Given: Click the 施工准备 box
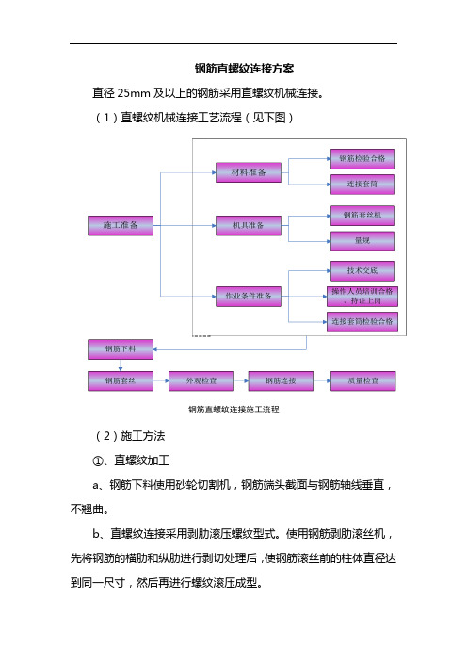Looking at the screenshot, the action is coord(121,226).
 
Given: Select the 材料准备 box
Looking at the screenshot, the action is coord(249,172).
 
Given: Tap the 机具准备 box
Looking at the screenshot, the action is coord(249,226).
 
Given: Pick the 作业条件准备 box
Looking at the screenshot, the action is coord(249,297).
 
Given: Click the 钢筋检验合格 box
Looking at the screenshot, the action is coord(362,159).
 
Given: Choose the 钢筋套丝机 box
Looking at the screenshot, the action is coord(362,216).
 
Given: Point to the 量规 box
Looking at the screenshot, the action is coord(362,241).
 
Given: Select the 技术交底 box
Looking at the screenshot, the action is coord(362,271).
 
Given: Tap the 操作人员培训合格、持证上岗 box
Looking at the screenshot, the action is coord(362,297).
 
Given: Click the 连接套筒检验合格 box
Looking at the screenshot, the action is coord(362,322).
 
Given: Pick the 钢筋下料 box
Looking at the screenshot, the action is coord(121,349).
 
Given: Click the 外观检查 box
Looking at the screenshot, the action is coord(201,381).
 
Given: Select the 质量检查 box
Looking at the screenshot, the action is coord(362,381).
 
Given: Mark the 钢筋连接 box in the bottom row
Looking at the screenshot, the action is coord(281,381).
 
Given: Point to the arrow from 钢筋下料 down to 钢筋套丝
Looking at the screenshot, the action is coord(121,365).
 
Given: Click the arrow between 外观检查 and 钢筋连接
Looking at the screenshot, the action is coord(241,381).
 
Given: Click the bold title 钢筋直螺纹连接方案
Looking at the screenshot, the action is coord(245,69).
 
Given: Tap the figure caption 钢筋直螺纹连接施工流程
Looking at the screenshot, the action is coord(233,410).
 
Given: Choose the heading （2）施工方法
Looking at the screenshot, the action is coord(129,436).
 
